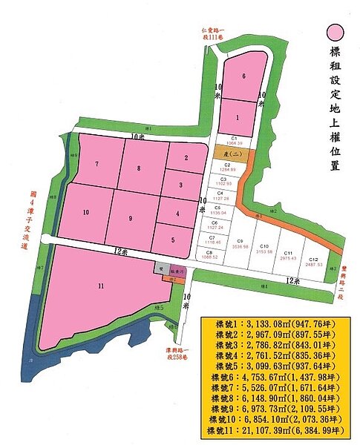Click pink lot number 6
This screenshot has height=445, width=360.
243,75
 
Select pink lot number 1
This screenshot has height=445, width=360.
238,117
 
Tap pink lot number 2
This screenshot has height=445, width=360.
186,157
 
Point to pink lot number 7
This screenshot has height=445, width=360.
96,164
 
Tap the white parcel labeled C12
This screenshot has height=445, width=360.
313,260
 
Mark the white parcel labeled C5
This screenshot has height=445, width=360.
217,210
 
